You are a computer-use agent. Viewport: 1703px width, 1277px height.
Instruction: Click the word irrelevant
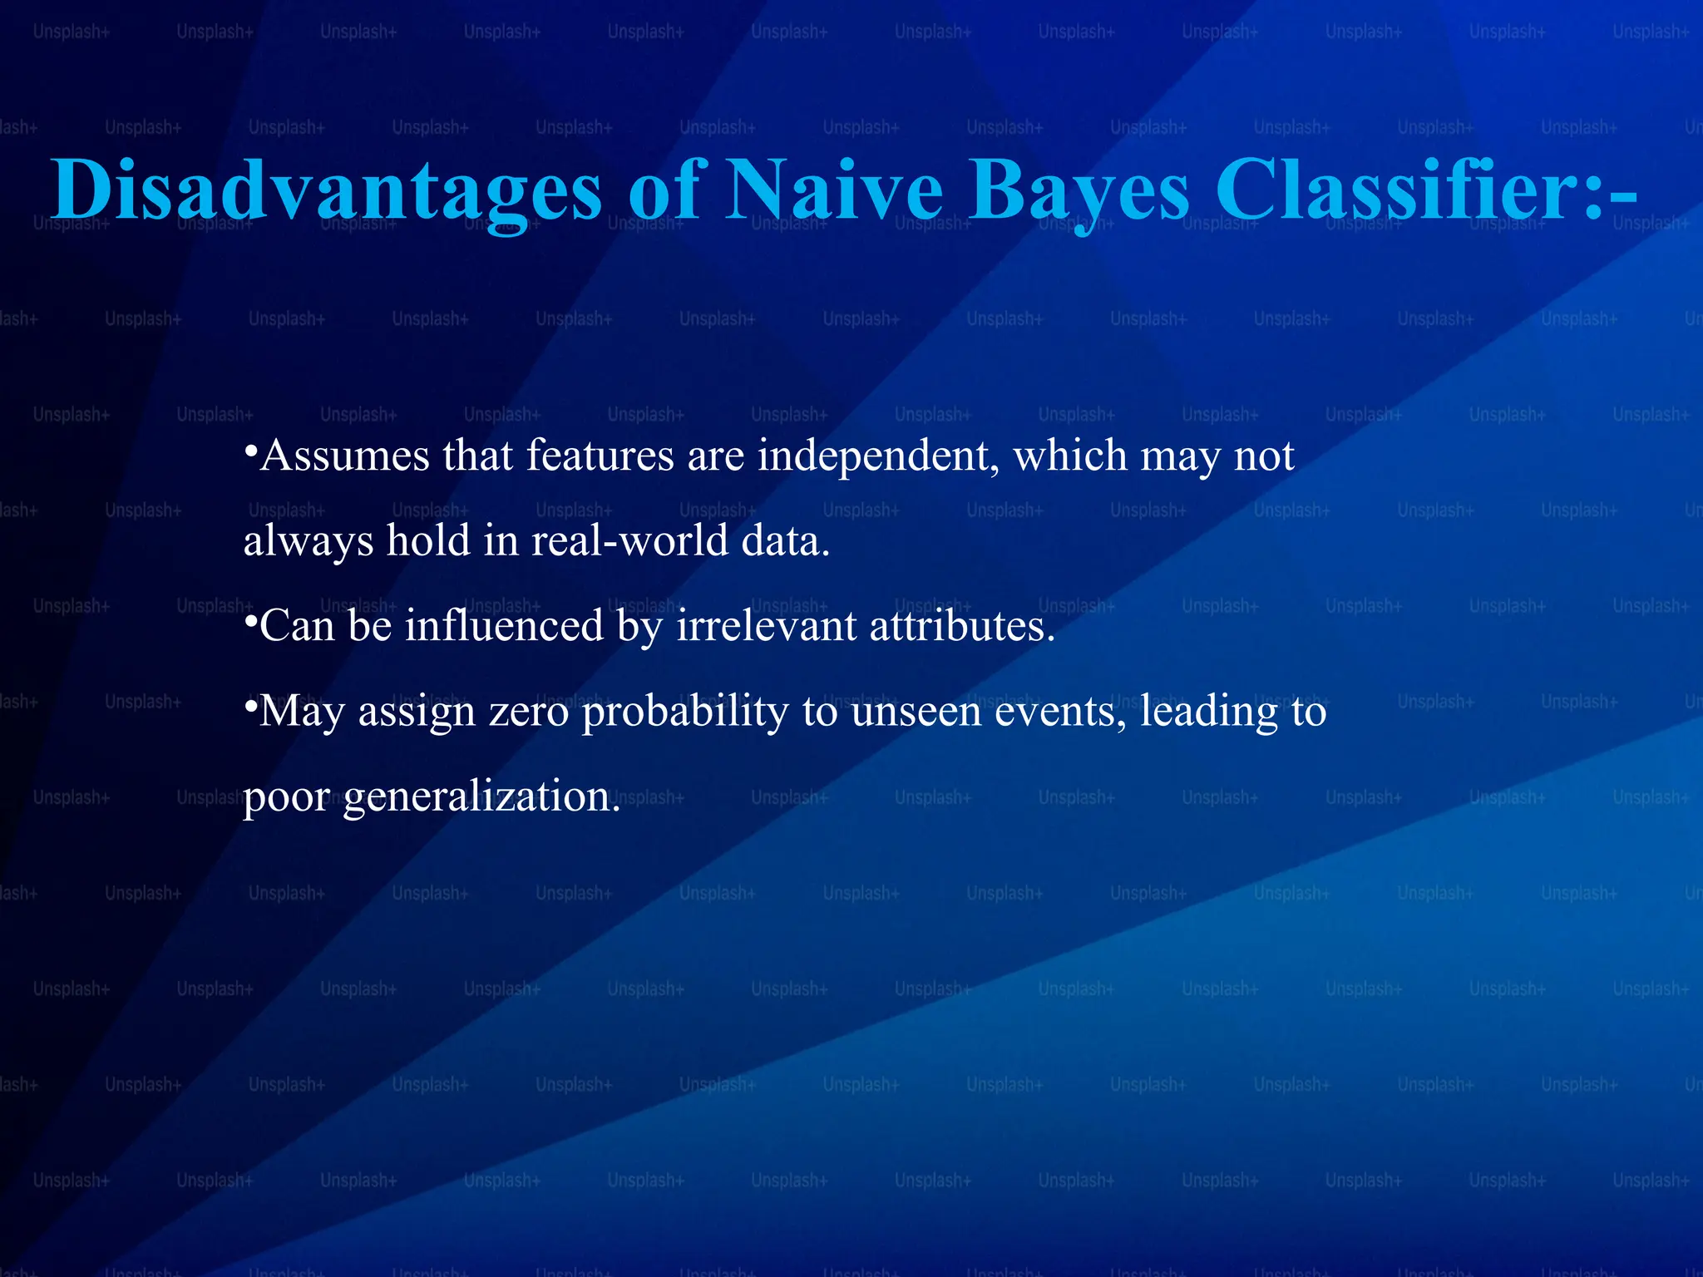[x=766, y=626]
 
